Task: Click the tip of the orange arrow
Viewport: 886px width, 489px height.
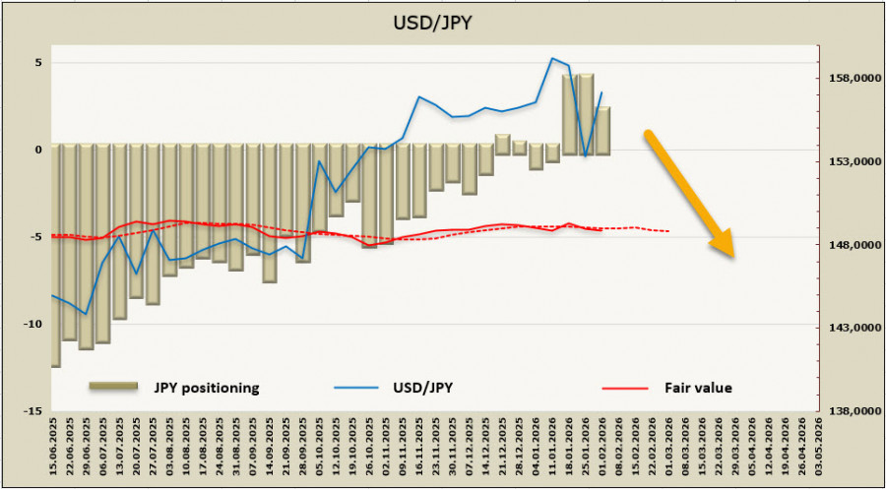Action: [x=733, y=259]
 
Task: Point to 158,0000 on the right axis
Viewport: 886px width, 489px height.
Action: [x=850, y=78]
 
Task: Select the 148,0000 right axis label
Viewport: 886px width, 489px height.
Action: [x=850, y=245]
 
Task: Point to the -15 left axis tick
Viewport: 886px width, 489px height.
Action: [x=32, y=410]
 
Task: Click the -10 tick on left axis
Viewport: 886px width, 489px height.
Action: [x=32, y=324]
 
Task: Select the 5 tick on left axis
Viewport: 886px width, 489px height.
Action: [x=38, y=62]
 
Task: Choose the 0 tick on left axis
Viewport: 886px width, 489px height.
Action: [x=38, y=150]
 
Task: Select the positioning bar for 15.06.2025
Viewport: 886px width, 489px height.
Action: [x=55, y=256]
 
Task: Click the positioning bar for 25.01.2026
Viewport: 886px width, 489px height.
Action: [x=586, y=113]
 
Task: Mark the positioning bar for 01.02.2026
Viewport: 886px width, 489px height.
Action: [x=602, y=130]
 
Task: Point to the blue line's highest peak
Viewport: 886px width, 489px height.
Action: [x=552, y=58]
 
